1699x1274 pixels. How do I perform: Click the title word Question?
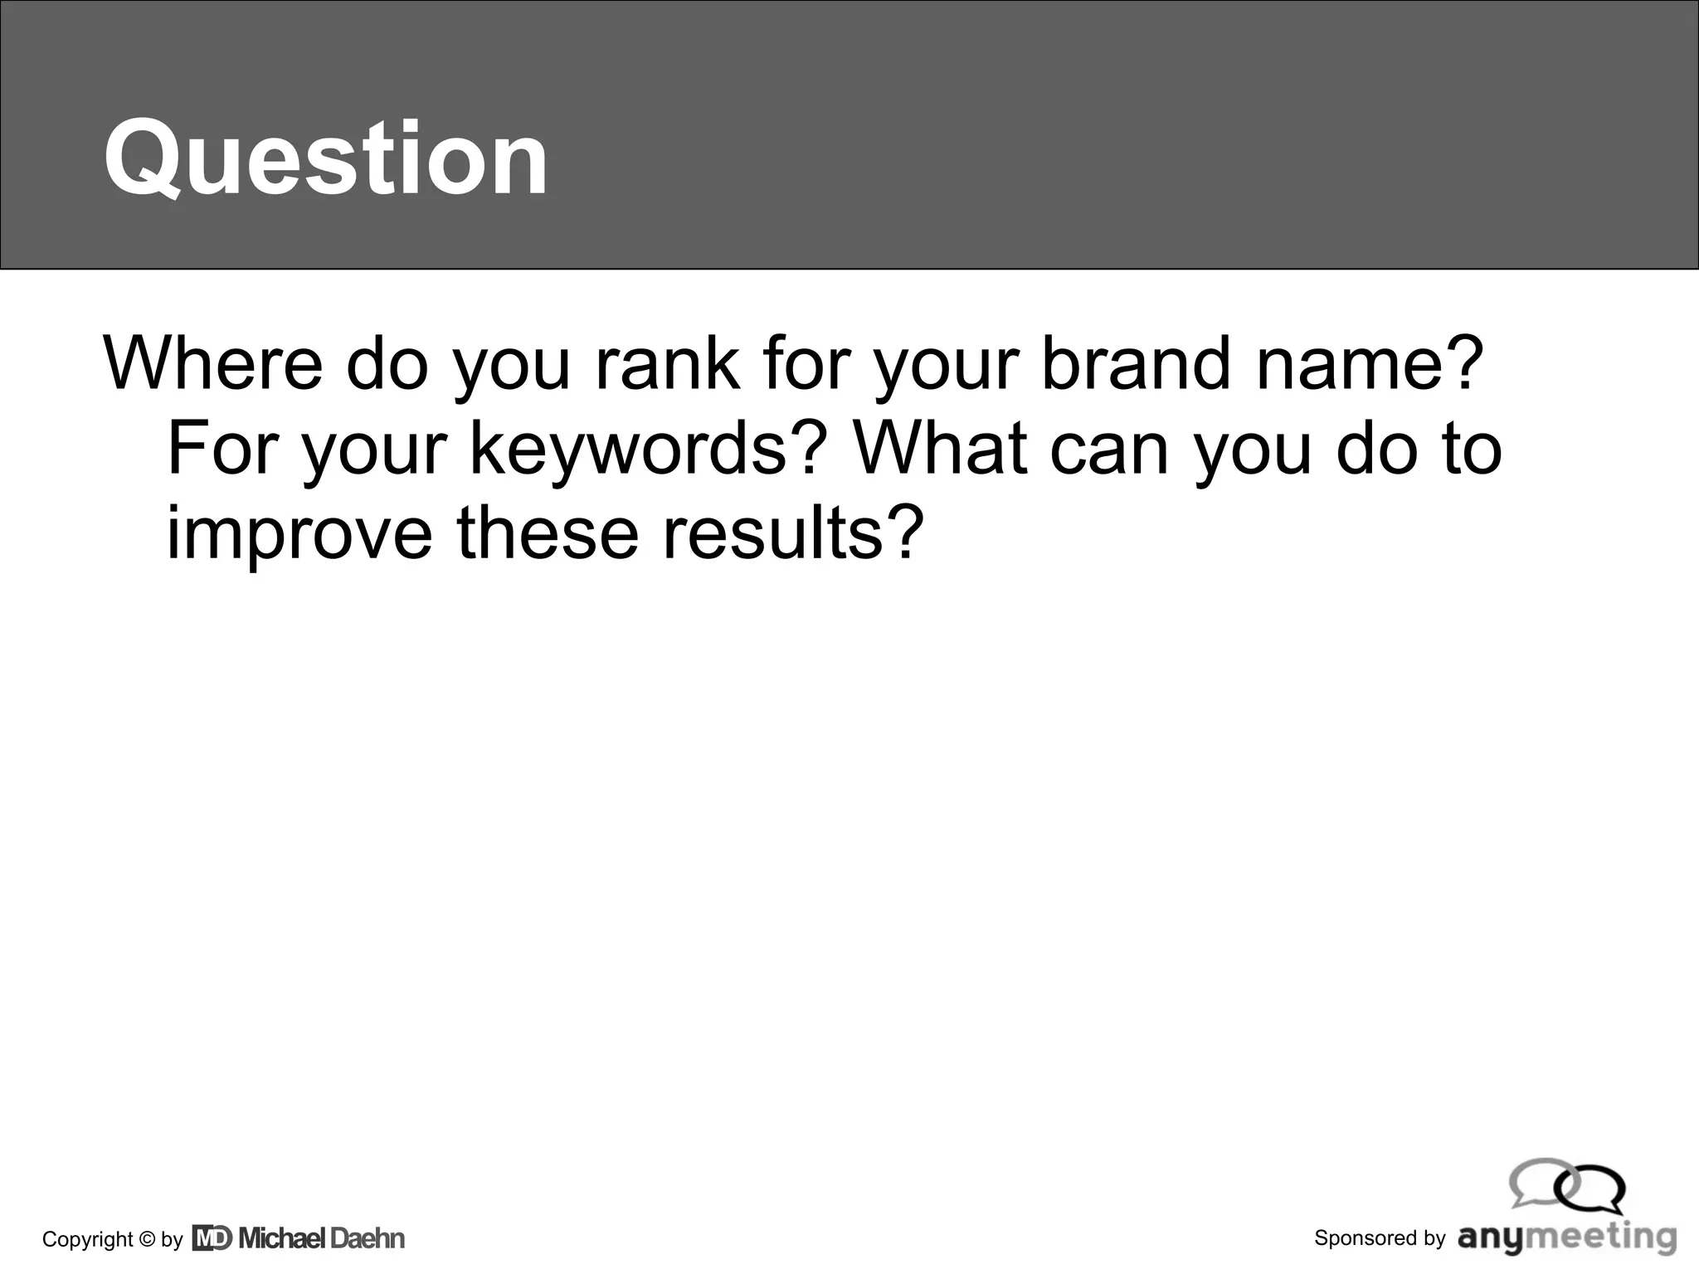click(325, 158)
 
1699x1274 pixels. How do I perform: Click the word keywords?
click(649, 450)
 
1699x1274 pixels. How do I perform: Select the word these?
click(548, 532)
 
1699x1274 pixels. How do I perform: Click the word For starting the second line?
click(223, 448)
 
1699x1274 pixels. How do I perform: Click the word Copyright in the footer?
click(87, 1239)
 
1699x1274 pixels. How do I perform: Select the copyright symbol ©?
click(147, 1239)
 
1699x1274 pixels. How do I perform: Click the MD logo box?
click(212, 1238)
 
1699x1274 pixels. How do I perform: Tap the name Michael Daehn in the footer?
click(322, 1238)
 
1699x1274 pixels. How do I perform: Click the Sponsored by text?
click(1380, 1238)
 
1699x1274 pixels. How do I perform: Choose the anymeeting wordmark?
click(1567, 1237)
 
